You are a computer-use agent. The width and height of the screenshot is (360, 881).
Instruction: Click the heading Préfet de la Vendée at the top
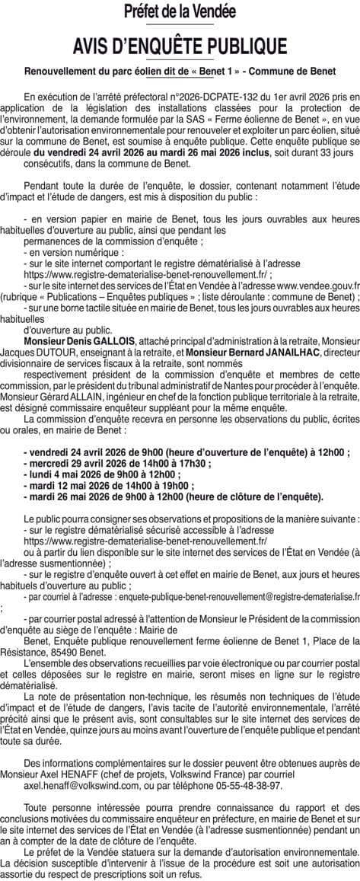[180, 11]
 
